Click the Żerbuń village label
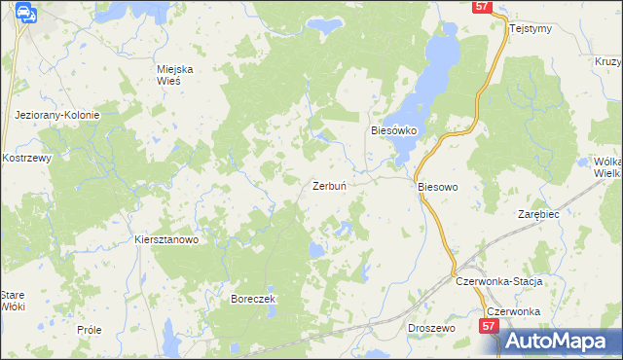[x=332, y=186]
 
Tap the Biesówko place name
[x=393, y=129]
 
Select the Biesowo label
[x=437, y=186]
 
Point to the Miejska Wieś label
[x=176, y=75]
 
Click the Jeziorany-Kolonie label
[x=57, y=115]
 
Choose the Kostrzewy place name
[x=26, y=158]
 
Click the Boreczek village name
[x=254, y=299]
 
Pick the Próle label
[x=89, y=330]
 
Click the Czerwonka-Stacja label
[x=497, y=281]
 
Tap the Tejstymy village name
[x=531, y=28]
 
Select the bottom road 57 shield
[x=489, y=330]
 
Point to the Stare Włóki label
[x=12, y=300]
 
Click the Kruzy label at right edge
[x=606, y=61]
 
